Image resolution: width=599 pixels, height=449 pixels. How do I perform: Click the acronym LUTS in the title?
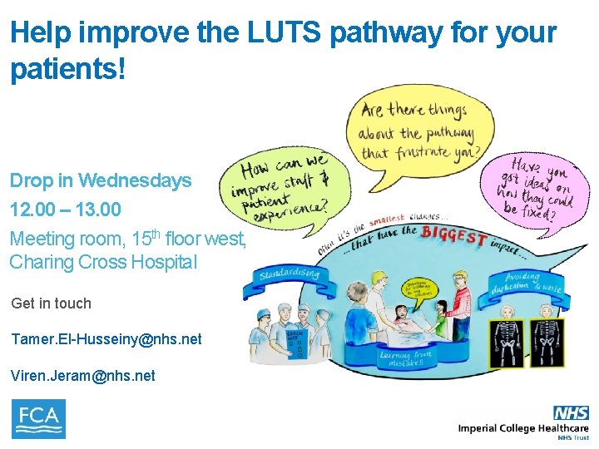pyautogui.click(x=277, y=33)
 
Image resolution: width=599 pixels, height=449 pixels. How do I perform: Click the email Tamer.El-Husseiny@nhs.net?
pyautogui.click(x=106, y=339)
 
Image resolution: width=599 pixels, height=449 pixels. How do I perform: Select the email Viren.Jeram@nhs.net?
pyautogui.click(x=82, y=376)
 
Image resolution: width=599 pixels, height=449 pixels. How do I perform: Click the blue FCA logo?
pyautogui.click(x=38, y=418)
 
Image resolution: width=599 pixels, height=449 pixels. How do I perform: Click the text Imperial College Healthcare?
pyautogui.click(x=522, y=427)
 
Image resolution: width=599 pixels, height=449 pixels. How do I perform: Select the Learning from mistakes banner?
pyautogui.click(x=408, y=358)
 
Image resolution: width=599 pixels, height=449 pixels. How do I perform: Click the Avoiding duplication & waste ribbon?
pyautogui.click(x=524, y=283)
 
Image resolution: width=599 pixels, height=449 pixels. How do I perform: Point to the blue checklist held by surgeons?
pyautogui.click(x=294, y=346)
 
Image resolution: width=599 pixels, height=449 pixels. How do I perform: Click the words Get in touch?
pyautogui.click(x=52, y=303)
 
